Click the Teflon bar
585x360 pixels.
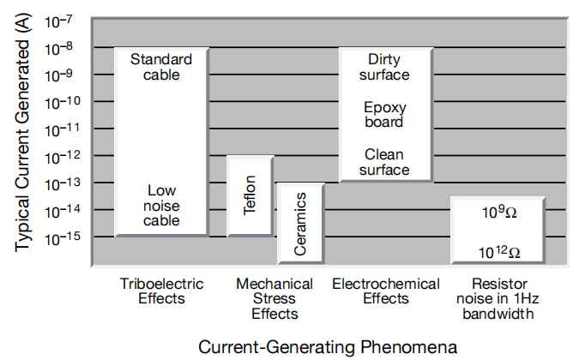(x=250, y=196)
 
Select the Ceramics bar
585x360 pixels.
(x=300, y=223)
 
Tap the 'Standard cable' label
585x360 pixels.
(x=161, y=67)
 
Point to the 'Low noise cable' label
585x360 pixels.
(x=161, y=206)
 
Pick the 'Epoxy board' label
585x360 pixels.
(x=383, y=115)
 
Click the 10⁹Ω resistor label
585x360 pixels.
(x=498, y=211)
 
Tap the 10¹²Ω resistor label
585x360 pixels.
(x=498, y=252)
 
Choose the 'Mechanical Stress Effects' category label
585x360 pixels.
(x=274, y=299)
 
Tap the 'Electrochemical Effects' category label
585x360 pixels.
(x=386, y=291)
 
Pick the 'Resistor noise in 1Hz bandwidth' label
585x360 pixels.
(x=498, y=299)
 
